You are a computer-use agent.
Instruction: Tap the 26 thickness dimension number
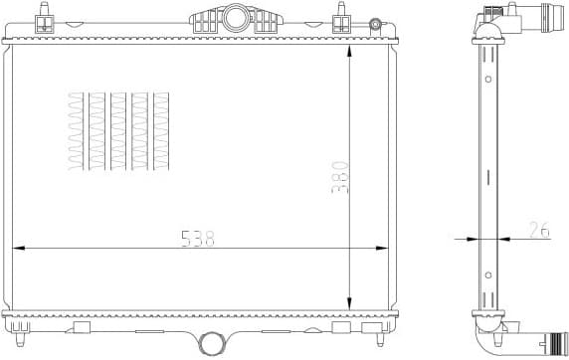[x=539, y=231]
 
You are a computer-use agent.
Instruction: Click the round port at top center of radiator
[x=235, y=17]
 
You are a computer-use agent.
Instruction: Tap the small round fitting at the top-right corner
[x=374, y=24]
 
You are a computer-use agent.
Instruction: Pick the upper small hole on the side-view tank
[x=487, y=78]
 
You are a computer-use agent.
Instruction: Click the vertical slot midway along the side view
[x=487, y=177]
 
